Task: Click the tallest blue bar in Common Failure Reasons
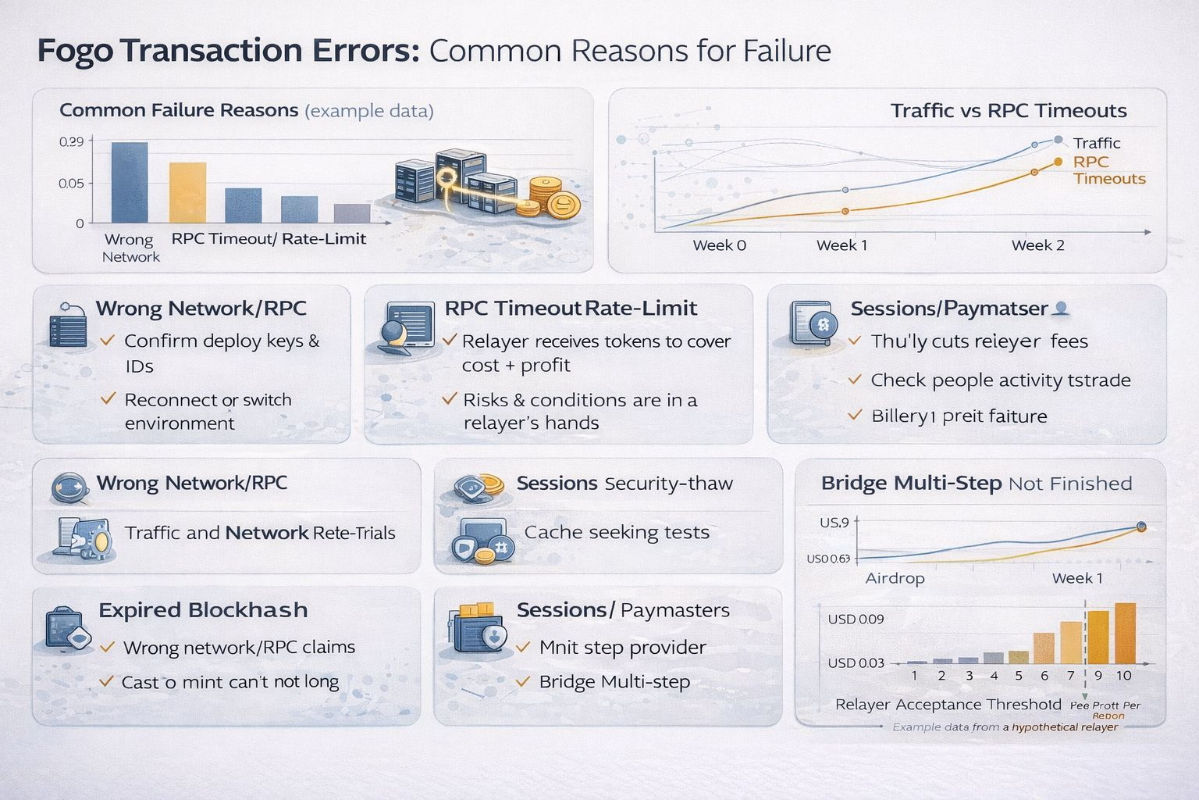130,183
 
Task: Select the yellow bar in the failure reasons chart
188,192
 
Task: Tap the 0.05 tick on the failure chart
71,184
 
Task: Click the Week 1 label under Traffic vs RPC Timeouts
841,245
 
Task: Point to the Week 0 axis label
719,245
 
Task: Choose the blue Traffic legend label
1096,143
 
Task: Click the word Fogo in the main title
75,51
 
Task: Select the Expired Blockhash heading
203,610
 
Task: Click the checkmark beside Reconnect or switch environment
109,399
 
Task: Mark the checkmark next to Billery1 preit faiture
856,415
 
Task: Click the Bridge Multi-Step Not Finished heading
976,484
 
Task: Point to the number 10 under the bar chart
1123,676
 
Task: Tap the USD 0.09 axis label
856,620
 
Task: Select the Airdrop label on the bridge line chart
895,579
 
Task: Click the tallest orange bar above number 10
1125,633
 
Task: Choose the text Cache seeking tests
617,533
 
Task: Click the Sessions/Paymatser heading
948,309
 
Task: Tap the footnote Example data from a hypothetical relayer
1005,727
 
